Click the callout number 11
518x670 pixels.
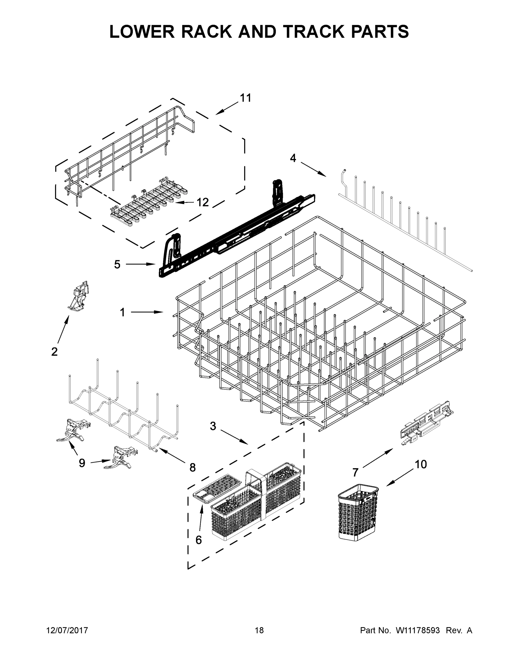click(x=245, y=98)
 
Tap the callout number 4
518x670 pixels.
click(x=293, y=158)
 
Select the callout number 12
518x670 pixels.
click(x=202, y=202)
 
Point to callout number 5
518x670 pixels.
click(x=117, y=264)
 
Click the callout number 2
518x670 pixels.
click(x=54, y=351)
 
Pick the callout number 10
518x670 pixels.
click(x=421, y=465)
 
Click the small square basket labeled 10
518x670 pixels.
click(x=358, y=512)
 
